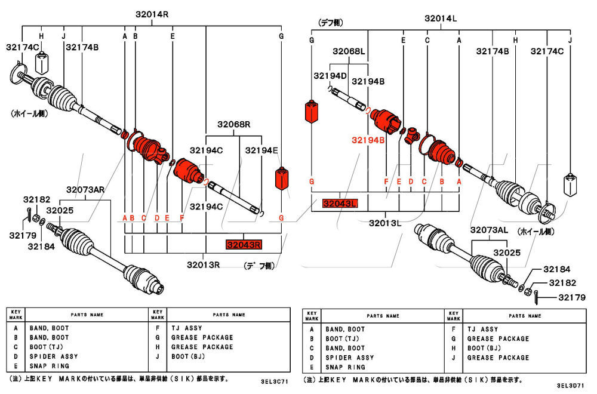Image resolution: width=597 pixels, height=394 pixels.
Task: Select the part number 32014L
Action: point(441,19)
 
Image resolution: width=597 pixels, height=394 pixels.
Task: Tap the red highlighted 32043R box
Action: point(244,244)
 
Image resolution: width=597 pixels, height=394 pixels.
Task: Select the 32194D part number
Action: point(330,76)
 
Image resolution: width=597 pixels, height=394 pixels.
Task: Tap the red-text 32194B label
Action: point(368,140)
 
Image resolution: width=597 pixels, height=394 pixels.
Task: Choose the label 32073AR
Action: point(85,190)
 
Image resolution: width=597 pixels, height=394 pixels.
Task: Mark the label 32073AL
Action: point(489,230)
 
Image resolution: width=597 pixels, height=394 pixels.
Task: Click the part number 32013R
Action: point(203,264)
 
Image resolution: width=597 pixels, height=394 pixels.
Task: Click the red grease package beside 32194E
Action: point(281,178)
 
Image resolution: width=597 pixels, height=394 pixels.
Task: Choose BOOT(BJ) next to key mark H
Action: point(484,348)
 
